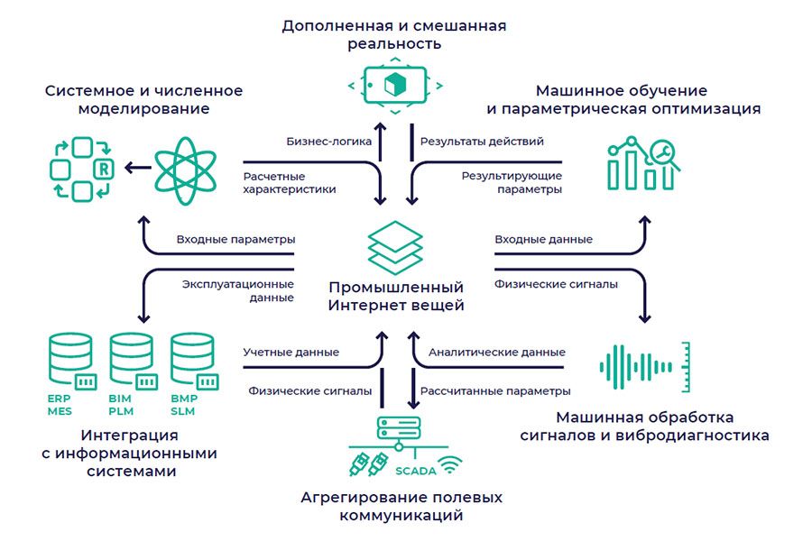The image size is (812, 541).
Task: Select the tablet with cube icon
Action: (x=395, y=85)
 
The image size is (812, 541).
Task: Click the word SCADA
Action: (x=416, y=471)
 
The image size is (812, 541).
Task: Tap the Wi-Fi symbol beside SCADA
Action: (x=451, y=465)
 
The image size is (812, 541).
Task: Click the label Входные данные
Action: (x=543, y=239)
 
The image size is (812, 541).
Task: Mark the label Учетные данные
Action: (x=291, y=352)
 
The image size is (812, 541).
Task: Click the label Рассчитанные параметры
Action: (x=496, y=391)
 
